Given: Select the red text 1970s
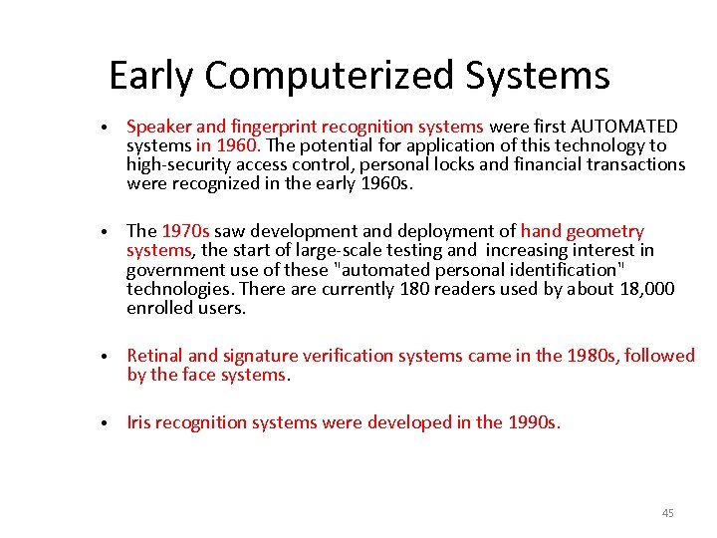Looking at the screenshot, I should coord(185,232).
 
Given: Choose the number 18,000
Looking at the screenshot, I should coord(641,289).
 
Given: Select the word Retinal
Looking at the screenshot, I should coord(154,356).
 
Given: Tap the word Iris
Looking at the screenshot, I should coord(141,422).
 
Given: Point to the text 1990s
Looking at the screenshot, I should coord(533,422).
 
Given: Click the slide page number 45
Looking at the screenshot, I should coord(667,513).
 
